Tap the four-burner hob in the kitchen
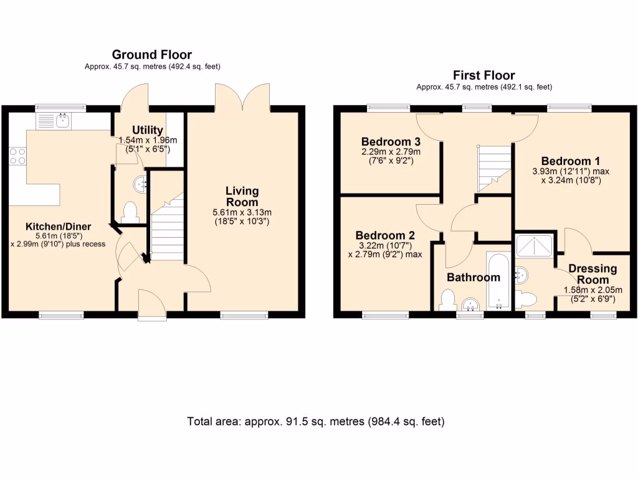pos(17,155)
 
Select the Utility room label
pos(148,130)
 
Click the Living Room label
pos(242,196)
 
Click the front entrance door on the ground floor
pos(151,305)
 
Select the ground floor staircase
pos(168,230)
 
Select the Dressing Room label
pos(593,274)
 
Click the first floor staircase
pos(494,167)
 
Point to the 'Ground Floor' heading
pos(151,55)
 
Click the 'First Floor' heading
pos(483,75)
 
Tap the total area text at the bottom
pos(316,421)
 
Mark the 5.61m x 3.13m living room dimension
pos(242,212)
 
